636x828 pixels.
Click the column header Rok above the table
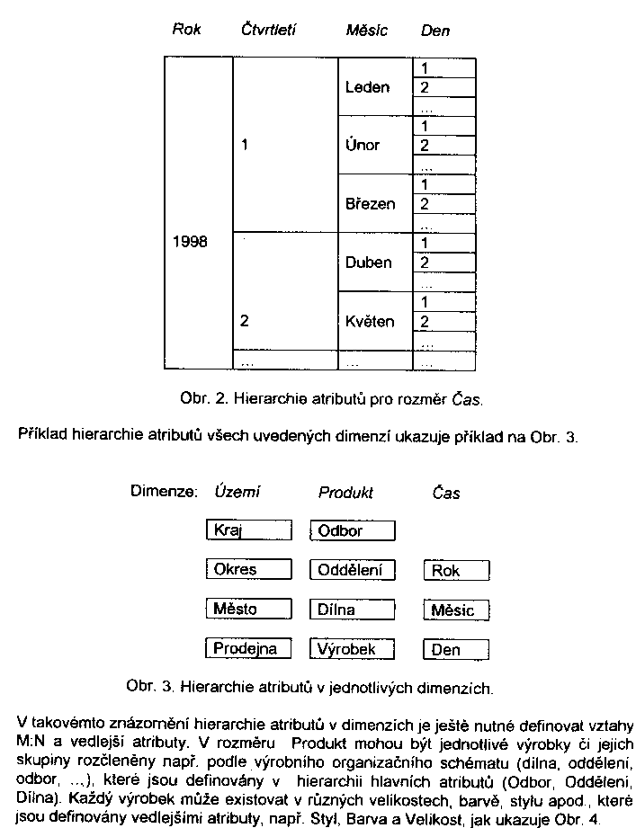coord(186,30)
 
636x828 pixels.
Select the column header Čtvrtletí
coord(268,30)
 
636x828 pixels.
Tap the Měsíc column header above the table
coord(366,31)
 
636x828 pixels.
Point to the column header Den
coord(435,31)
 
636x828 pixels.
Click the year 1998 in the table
coord(190,242)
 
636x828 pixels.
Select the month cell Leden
coord(367,87)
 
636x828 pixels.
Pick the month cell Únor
coord(363,145)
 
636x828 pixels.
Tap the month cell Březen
coord(370,204)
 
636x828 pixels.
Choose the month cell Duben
coord(368,263)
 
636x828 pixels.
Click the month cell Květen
coord(370,321)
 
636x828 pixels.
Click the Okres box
coord(248,569)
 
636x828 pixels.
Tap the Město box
coord(248,609)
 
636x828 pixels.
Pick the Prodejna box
coord(248,647)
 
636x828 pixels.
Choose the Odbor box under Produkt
coord(353,530)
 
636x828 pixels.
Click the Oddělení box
coord(353,569)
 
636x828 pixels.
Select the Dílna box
coord(353,609)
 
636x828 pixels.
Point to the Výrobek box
coord(353,647)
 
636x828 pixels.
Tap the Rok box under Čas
coord(456,571)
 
